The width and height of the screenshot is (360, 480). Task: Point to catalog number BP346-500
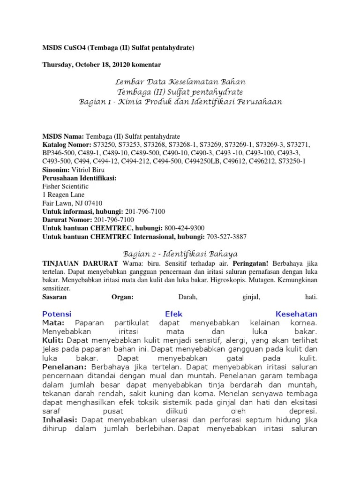tap(59, 153)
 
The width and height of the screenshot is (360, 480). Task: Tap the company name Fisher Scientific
tap(65, 187)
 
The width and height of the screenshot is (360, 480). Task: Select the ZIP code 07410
tap(93, 203)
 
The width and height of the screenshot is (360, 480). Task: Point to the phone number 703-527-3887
tap(227, 237)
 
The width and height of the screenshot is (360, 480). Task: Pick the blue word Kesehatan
tap(296, 314)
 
